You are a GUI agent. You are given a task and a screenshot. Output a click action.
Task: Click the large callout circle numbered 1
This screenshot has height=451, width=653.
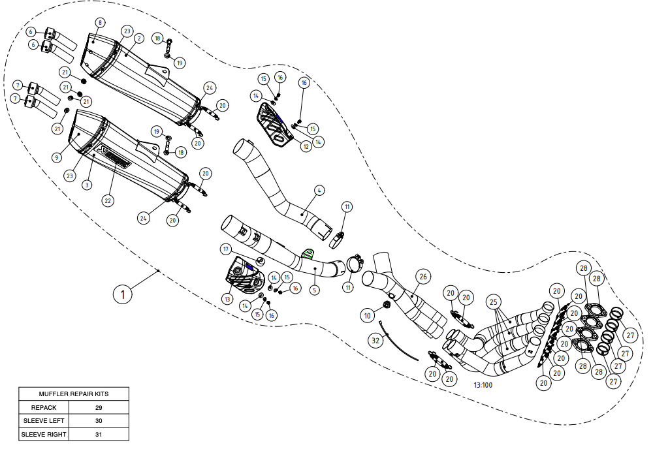click(122, 294)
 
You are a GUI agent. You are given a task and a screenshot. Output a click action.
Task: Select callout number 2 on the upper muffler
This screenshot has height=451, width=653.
click(138, 39)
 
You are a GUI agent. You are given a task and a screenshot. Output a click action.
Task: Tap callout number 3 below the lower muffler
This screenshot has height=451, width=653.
click(86, 185)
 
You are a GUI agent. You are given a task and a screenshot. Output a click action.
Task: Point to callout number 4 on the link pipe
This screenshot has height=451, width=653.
click(319, 191)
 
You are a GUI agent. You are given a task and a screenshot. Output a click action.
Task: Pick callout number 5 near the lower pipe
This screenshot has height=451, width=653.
click(315, 288)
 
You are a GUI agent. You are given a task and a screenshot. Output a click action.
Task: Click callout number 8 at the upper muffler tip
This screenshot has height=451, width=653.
click(100, 23)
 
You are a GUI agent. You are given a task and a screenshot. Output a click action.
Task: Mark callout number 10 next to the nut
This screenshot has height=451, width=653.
click(368, 316)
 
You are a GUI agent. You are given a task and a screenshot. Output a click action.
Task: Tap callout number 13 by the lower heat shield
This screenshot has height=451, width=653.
click(227, 299)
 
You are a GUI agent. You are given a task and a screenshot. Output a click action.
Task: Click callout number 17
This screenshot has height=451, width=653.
click(225, 249)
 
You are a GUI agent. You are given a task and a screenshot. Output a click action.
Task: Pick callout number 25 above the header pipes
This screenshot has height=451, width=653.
click(494, 302)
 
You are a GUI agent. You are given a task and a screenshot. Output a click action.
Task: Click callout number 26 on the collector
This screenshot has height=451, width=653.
click(422, 277)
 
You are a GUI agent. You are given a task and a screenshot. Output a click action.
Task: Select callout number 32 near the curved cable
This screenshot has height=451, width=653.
click(375, 341)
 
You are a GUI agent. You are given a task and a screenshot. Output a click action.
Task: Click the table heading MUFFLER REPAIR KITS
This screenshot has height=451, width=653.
click(73, 394)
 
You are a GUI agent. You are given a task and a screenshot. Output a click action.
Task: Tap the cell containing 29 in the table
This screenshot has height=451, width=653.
click(99, 407)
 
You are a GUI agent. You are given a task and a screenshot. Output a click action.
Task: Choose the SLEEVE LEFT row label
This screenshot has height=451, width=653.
click(45, 420)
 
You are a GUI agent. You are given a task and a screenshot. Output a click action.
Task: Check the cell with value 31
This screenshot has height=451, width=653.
click(99, 433)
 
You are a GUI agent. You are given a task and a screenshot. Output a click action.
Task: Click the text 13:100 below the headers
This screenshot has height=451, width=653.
click(483, 385)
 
